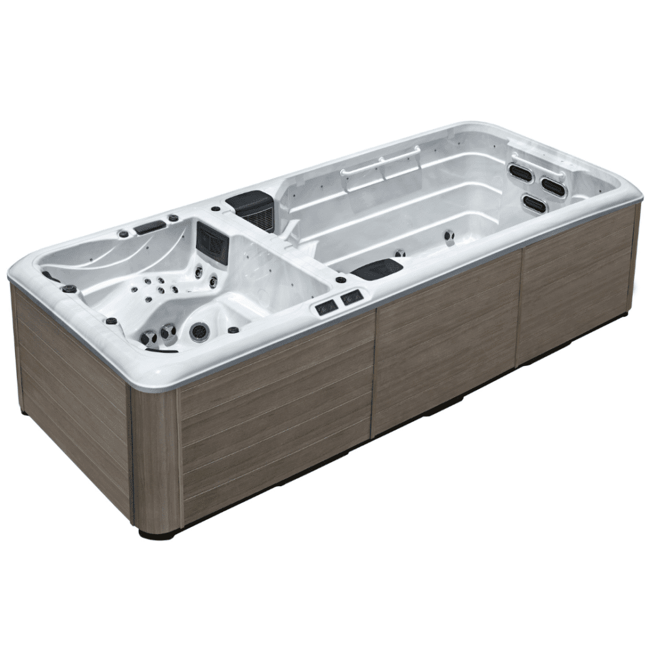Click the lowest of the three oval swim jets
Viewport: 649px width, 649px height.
(x=535, y=204)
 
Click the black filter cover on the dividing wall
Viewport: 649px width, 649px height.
(x=252, y=208)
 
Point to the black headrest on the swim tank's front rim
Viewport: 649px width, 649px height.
(x=378, y=268)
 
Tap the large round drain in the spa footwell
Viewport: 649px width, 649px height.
(x=199, y=331)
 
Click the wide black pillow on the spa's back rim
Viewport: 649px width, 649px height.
(x=150, y=227)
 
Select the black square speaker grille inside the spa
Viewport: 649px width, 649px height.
(x=213, y=241)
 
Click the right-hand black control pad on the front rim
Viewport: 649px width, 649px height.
(x=352, y=298)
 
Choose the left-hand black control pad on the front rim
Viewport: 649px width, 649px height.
(x=326, y=306)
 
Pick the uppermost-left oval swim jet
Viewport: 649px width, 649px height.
(x=520, y=172)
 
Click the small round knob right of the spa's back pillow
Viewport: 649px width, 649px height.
(x=173, y=218)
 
